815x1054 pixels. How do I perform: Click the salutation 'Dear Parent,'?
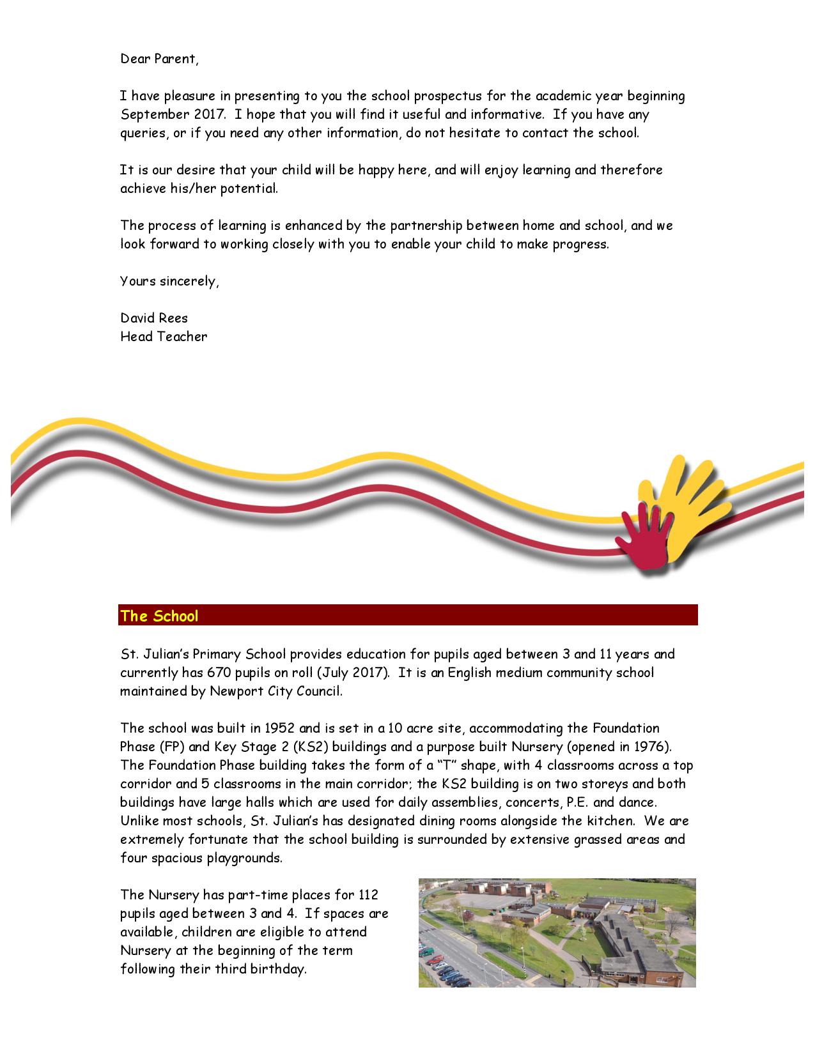coord(159,59)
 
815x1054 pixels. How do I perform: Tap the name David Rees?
coord(153,318)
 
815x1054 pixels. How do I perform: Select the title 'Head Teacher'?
coord(164,337)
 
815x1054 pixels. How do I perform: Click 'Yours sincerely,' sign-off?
coord(169,281)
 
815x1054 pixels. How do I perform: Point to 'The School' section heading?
coord(159,616)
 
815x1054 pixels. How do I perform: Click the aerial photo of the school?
coord(557,933)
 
